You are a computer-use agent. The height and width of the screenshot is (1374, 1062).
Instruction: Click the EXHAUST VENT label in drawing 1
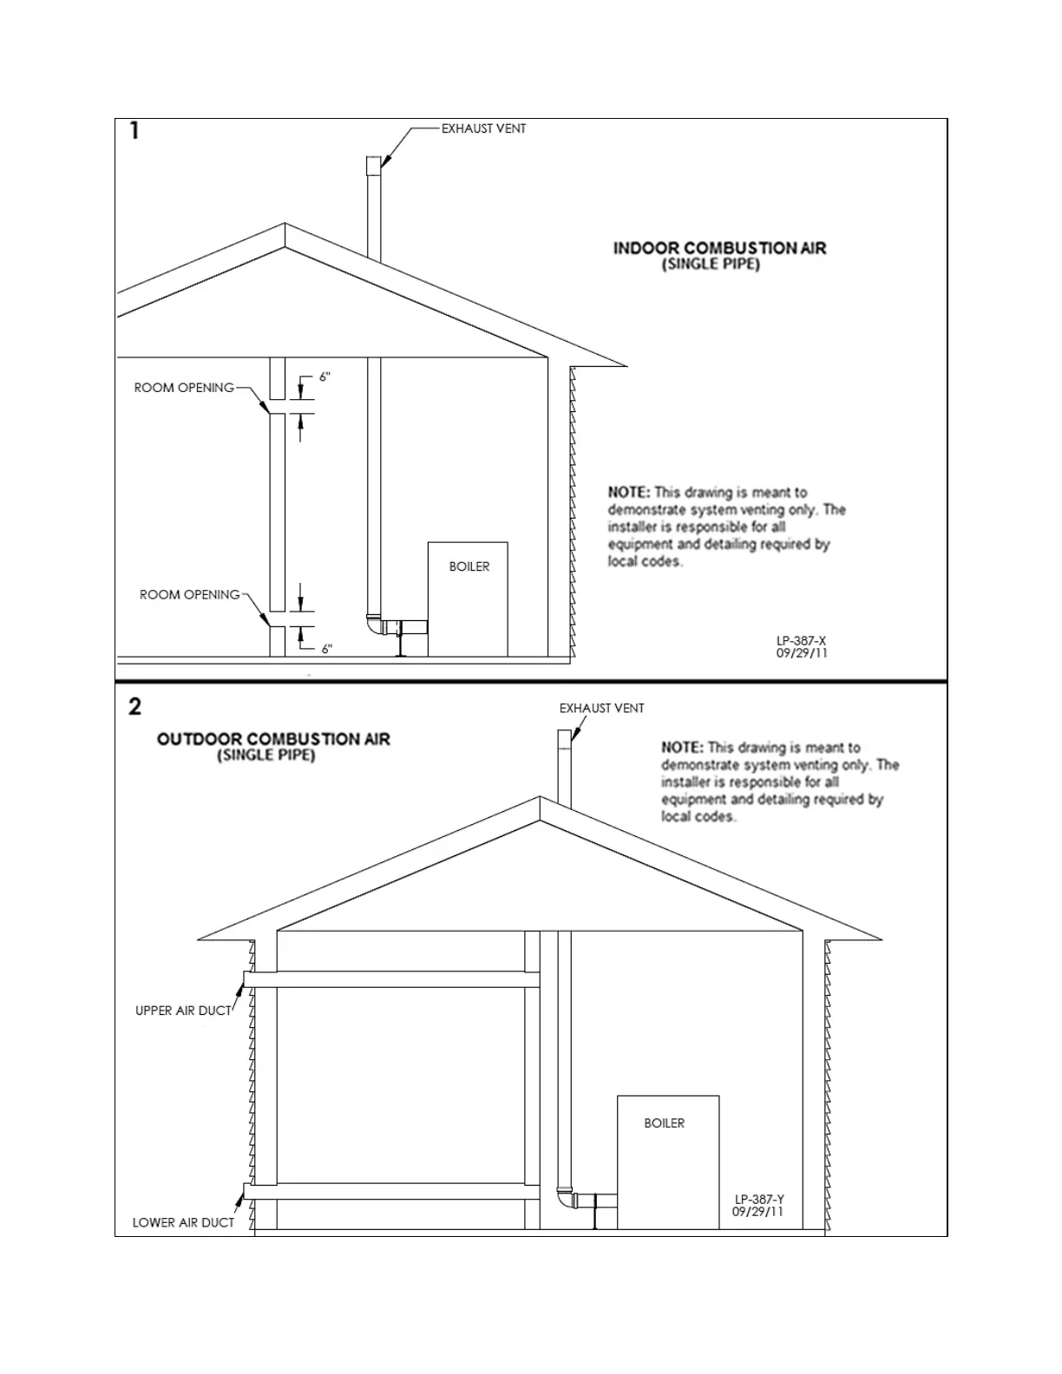pos(483,128)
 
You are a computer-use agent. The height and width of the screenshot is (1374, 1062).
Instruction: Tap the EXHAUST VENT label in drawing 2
pos(601,708)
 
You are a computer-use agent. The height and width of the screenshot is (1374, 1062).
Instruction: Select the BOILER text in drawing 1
pos(469,566)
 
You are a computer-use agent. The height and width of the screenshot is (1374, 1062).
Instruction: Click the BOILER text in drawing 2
pos(664,1122)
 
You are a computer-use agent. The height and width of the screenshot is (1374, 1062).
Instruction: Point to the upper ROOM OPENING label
pos(184,388)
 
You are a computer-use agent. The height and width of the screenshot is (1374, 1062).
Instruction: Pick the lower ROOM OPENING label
pos(189,594)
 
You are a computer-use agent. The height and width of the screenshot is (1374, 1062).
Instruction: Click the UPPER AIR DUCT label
pos(183,1011)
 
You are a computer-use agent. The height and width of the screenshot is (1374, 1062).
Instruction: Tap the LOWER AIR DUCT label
pos(183,1222)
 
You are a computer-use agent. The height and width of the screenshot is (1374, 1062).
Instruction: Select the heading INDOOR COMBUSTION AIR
pos(719,248)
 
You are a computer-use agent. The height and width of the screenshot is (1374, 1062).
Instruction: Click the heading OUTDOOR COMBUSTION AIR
pos(273,739)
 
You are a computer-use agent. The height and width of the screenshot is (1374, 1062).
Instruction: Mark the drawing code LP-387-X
pos(801,640)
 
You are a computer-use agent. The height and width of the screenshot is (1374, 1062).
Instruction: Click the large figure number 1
pos(134,130)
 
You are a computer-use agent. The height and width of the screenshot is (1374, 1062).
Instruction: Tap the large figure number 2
pos(134,706)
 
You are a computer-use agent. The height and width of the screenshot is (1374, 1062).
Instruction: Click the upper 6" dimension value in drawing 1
pos(324,376)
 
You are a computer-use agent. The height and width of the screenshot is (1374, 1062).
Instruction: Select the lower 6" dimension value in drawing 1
pos(327,649)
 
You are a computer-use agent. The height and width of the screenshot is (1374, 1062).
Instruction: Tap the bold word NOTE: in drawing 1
pos(629,492)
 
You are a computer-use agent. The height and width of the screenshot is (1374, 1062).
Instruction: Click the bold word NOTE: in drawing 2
pos(682,747)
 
